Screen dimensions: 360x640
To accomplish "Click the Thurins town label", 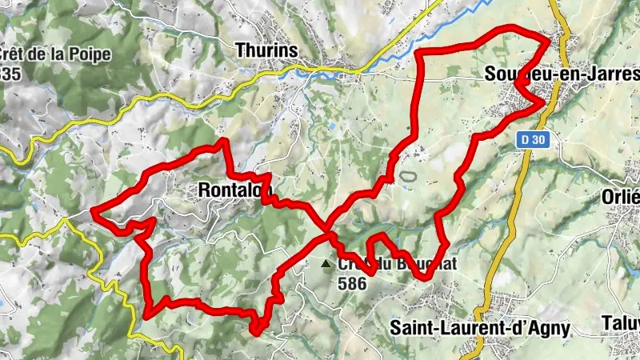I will click(x=267, y=50).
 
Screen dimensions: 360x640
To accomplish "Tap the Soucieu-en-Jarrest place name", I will click(x=552, y=74).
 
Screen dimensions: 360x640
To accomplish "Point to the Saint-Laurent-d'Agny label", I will click(x=480, y=327).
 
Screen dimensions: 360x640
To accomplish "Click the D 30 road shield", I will click(x=529, y=139).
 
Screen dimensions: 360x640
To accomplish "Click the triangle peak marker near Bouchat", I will click(x=325, y=263).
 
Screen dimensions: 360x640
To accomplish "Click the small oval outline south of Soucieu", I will click(x=408, y=174).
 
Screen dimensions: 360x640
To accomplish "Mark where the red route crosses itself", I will click(x=328, y=234).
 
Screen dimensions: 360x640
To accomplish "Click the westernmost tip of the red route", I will click(x=94, y=211).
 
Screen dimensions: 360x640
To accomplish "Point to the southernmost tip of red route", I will click(x=256, y=331).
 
